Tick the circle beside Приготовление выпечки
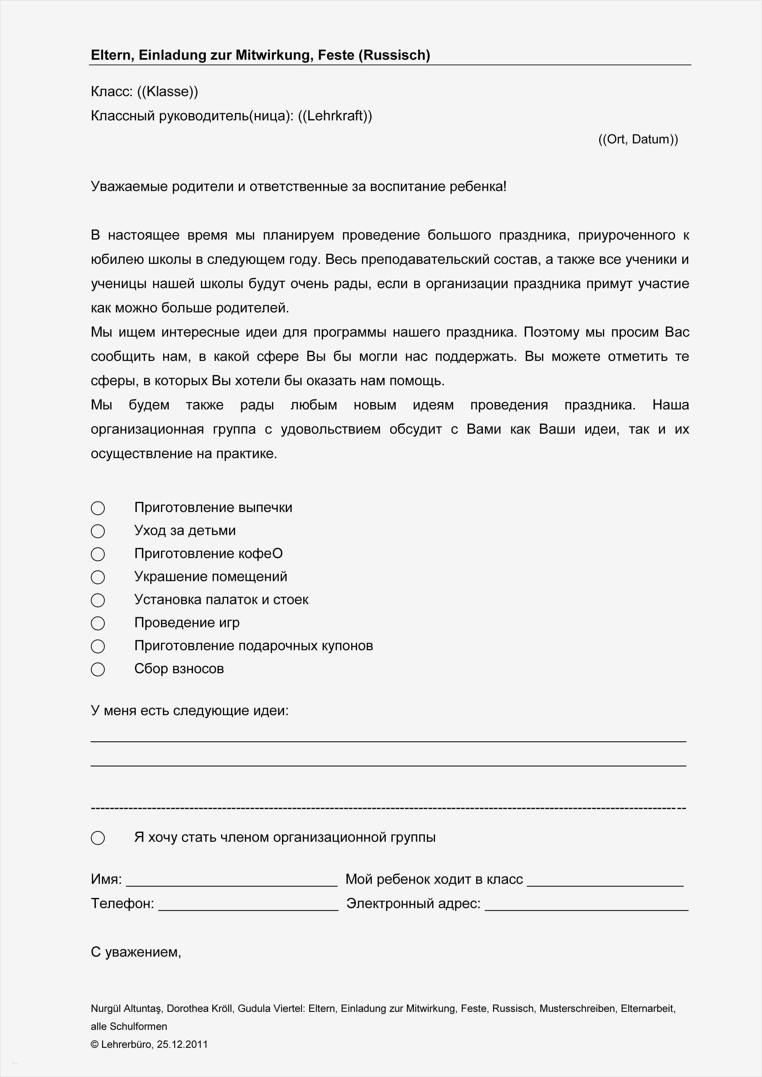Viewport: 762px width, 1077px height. click(98, 508)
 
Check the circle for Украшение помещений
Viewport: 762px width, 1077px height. click(98, 577)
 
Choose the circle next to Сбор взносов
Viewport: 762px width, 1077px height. click(98, 669)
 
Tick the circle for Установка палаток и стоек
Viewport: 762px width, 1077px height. click(98, 600)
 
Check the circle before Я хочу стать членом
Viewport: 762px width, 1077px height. click(98, 838)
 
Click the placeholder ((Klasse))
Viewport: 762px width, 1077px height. click(167, 92)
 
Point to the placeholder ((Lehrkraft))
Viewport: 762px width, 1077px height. click(335, 115)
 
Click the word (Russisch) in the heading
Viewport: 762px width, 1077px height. click(394, 55)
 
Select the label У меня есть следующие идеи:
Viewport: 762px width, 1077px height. click(190, 711)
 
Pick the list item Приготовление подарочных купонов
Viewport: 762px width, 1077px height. click(253, 646)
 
